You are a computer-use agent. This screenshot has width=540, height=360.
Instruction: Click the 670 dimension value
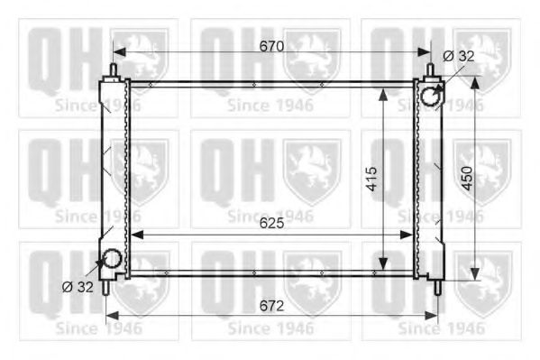270,46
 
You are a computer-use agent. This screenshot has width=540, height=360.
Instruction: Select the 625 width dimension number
270,223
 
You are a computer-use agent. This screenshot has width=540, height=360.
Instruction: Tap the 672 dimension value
271,305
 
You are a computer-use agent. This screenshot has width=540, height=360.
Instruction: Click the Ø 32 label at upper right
458,56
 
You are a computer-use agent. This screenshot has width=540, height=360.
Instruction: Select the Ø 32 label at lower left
78,288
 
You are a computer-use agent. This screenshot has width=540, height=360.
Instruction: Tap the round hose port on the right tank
432,94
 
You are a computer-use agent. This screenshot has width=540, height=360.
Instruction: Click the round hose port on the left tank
113,260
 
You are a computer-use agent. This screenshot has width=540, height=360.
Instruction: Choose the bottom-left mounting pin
107,286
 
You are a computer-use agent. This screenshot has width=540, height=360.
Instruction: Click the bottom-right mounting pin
437,287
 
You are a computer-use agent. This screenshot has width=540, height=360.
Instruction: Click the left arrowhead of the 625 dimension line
135,234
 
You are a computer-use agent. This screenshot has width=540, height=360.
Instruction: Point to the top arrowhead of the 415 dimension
385,88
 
